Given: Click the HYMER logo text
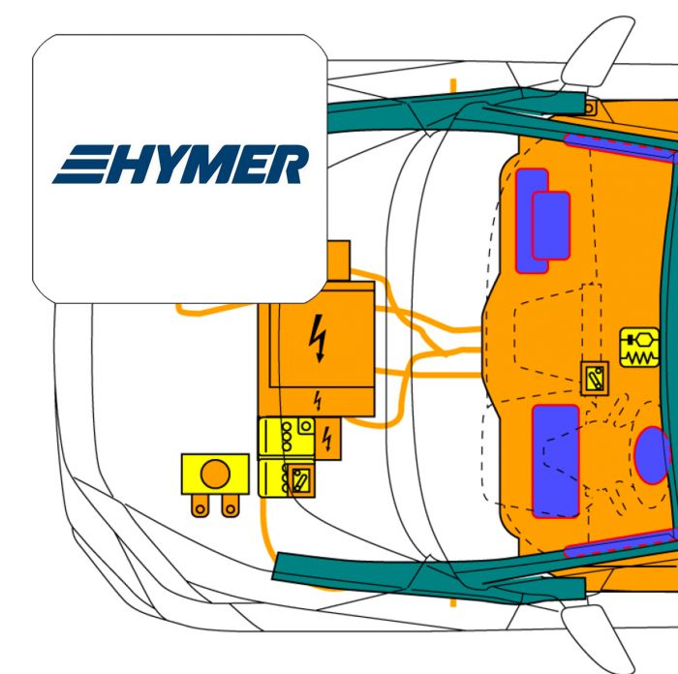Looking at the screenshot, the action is pyautogui.click(x=181, y=165).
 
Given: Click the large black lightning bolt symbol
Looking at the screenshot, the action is pyautogui.click(x=319, y=338).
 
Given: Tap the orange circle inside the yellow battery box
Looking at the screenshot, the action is pyautogui.click(x=215, y=474).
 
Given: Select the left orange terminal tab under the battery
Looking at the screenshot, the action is pyautogui.click(x=200, y=505).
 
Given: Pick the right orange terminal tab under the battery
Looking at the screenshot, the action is pyautogui.click(x=231, y=505).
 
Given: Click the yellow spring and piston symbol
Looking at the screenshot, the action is pyautogui.click(x=639, y=348).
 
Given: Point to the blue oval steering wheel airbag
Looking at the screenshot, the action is pyautogui.click(x=653, y=455).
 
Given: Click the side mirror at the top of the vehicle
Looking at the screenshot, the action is pyautogui.click(x=597, y=52).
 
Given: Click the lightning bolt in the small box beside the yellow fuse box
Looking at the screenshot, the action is pyautogui.click(x=327, y=439).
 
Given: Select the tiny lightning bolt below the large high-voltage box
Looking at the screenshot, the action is pyautogui.click(x=318, y=401).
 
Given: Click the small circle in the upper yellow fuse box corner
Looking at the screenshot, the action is pyautogui.click(x=306, y=427).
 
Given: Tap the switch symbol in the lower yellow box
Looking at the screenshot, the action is pyautogui.click(x=300, y=480).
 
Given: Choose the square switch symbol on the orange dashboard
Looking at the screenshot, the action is pyautogui.click(x=595, y=379).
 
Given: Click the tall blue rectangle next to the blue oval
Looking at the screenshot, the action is pyautogui.click(x=556, y=461).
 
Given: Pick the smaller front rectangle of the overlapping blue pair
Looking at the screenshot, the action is pyautogui.click(x=551, y=226).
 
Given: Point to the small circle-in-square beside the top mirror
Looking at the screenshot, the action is pyautogui.click(x=589, y=107).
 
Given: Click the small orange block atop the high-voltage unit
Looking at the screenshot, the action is pyautogui.click(x=339, y=260).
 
